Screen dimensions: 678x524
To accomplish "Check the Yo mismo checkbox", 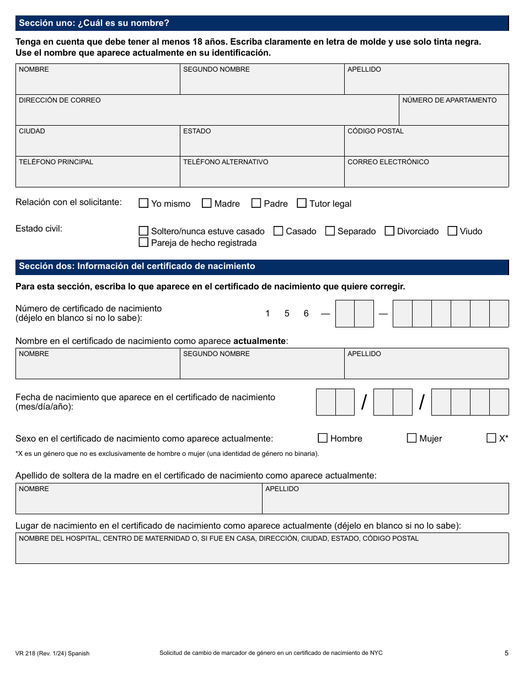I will [143, 203].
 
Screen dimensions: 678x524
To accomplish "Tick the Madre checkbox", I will [207, 203].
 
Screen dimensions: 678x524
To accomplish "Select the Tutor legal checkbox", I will [302, 203].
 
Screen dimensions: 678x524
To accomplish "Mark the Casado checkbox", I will [279, 231].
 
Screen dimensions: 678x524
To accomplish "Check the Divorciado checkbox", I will [389, 231].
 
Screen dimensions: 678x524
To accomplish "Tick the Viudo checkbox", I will [452, 231].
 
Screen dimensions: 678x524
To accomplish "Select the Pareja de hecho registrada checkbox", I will [143, 243].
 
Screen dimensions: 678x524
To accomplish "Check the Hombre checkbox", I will [323, 438].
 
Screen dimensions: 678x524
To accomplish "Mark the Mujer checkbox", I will [411, 438].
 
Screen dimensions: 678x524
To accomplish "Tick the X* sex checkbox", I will [491, 438].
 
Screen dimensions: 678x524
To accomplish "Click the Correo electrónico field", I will [426, 175].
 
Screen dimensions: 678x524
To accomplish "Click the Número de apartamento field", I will [453, 114].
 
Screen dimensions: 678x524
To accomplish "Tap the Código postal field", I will [426, 144].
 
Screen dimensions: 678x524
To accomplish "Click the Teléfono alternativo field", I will [262, 175].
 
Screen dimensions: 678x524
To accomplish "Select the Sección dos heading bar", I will [262, 266].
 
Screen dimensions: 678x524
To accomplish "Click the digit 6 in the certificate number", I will [306, 314].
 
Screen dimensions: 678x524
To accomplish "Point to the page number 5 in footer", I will [506, 653].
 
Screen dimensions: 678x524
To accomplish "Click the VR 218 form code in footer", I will [52, 653].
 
